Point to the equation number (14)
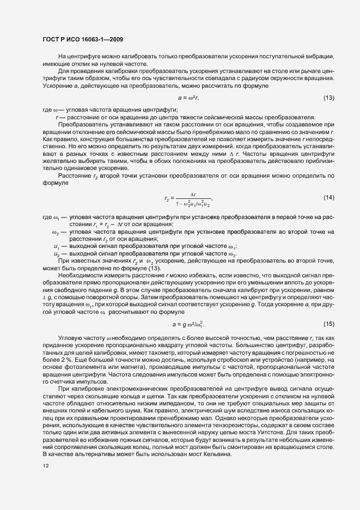coord(328,197)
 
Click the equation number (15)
coord(328,324)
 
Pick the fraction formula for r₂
coord(188,197)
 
